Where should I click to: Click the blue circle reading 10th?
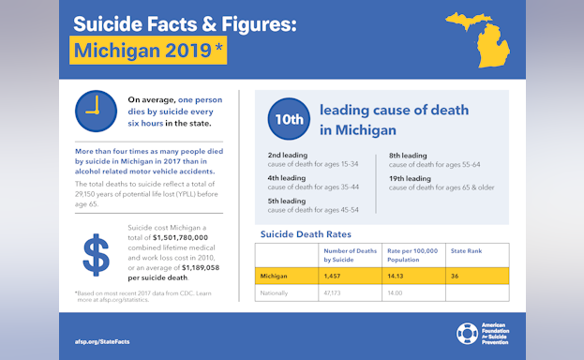point(288,119)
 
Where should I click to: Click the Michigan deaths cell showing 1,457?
point(336,277)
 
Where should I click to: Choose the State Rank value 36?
point(455,277)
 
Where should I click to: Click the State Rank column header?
point(466,251)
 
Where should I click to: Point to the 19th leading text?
point(410,178)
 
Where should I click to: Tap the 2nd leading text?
point(287,155)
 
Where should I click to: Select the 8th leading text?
point(408,155)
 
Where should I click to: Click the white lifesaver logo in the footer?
point(467,334)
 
